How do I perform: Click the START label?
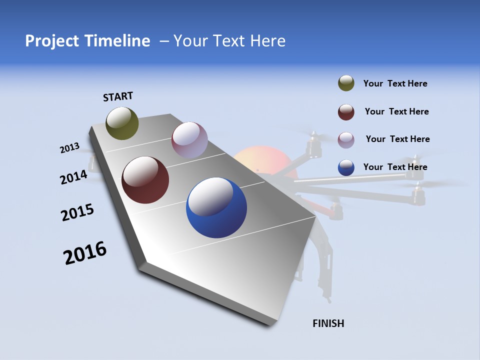coord(118,96)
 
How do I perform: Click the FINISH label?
coord(328,323)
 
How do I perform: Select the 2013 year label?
coord(69,148)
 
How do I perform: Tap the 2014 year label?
coord(73,177)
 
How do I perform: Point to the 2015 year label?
coord(77,212)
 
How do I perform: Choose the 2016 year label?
coord(85,253)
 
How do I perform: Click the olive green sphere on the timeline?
coord(122,123)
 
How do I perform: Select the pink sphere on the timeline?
coord(189,140)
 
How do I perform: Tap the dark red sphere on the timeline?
coord(145,180)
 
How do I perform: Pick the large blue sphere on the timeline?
coord(216,207)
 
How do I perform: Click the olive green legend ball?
coord(346,83)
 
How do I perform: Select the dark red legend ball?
coord(346,112)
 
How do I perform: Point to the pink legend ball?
coord(346,139)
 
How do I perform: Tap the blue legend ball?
coord(346,167)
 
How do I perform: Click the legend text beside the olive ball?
coord(395,84)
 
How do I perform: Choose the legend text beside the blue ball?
coord(395,167)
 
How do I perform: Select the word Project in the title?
coord(51,41)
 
